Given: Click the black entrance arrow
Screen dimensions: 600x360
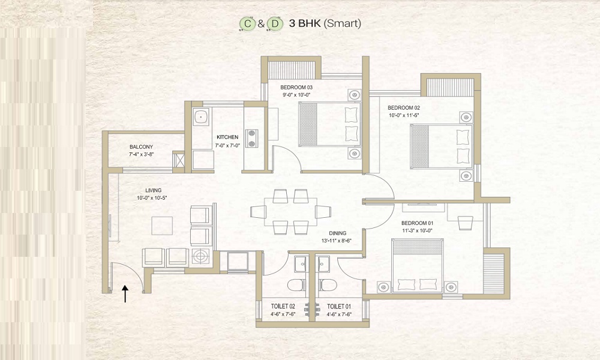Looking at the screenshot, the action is [x=125, y=294].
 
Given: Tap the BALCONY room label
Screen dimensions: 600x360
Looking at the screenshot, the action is [x=141, y=147].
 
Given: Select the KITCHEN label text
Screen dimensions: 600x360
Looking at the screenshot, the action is [x=227, y=137].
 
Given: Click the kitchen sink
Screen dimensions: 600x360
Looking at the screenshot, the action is [x=201, y=116].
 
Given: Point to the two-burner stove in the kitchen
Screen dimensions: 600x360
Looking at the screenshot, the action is [x=252, y=138].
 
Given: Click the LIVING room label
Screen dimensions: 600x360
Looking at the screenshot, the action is [x=154, y=191].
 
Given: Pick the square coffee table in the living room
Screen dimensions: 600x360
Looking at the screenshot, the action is [x=162, y=226].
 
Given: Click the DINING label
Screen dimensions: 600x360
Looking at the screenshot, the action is [x=337, y=233].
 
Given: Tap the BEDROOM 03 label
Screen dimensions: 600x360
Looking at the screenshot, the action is [x=296, y=88].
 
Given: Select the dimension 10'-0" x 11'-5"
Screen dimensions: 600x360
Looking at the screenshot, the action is [x=404, y=115].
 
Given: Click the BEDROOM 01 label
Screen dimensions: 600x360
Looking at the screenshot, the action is [x=417, y=223].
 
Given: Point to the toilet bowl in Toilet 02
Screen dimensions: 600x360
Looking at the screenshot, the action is [x=296, y=285].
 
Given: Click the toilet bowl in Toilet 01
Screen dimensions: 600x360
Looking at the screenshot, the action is [x=327, y=285].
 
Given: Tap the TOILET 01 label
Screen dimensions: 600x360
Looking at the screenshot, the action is [x=339, y=307].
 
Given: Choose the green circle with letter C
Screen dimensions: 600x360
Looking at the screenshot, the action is [x=248, y=24].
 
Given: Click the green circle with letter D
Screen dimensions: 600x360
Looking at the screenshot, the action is [x=275, y=24].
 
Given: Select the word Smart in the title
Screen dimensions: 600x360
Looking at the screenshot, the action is [x=343, y=23].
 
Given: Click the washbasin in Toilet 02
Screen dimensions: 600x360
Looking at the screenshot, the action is [x=301, y=264].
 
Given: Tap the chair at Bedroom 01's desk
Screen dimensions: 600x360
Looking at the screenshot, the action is [x=466, y=222].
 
